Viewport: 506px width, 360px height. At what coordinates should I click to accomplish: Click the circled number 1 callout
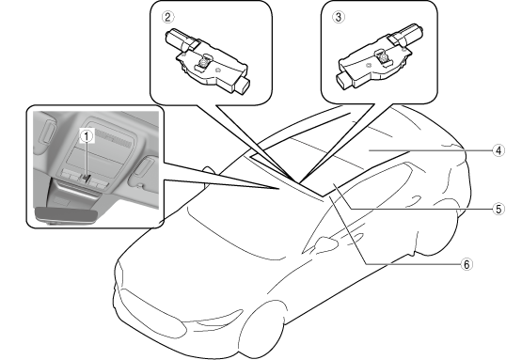click(x=87, y=136)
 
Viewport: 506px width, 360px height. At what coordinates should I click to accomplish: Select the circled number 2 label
click(x=167, y=17)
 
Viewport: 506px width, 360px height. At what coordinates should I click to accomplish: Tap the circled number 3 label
click(x=338, y=17)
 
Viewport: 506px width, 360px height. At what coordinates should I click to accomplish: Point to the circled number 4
click(x=498, y=150)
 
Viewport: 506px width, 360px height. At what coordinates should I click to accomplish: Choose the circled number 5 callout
click(x=498, y=209)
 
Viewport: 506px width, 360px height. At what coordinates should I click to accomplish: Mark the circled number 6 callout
click(x=466, y=264)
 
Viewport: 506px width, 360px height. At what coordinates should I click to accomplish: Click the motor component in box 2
click(x=207, y=62)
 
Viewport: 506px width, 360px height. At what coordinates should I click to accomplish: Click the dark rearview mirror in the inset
click(x=66, y=215)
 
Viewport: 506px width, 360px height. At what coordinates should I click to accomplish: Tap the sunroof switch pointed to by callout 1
click(x=86, y=178)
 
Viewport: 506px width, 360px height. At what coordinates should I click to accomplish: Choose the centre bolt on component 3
click(x=383, y=56)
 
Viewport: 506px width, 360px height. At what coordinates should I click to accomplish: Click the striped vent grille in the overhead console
click(x=113, y=136)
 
